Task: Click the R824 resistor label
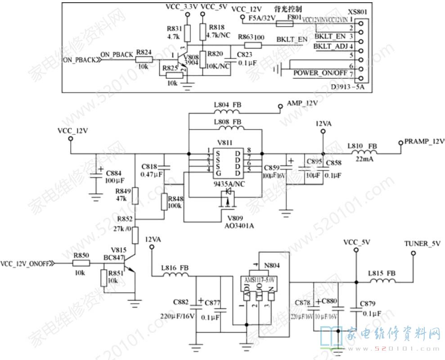click(x=144, y=52)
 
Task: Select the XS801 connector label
click(x=357, y=12)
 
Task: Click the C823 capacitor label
click(x=245, y=55)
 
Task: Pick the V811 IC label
click(x=225, y=143)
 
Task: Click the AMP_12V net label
click(x=302, y=103)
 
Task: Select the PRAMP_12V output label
click(x=424, y=142)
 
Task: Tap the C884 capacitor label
click(x=115, y=173)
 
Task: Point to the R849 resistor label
click(x=123, y=191)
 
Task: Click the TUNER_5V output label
click(x=422, y=243)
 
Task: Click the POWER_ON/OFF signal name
click(x=320, y=73)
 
